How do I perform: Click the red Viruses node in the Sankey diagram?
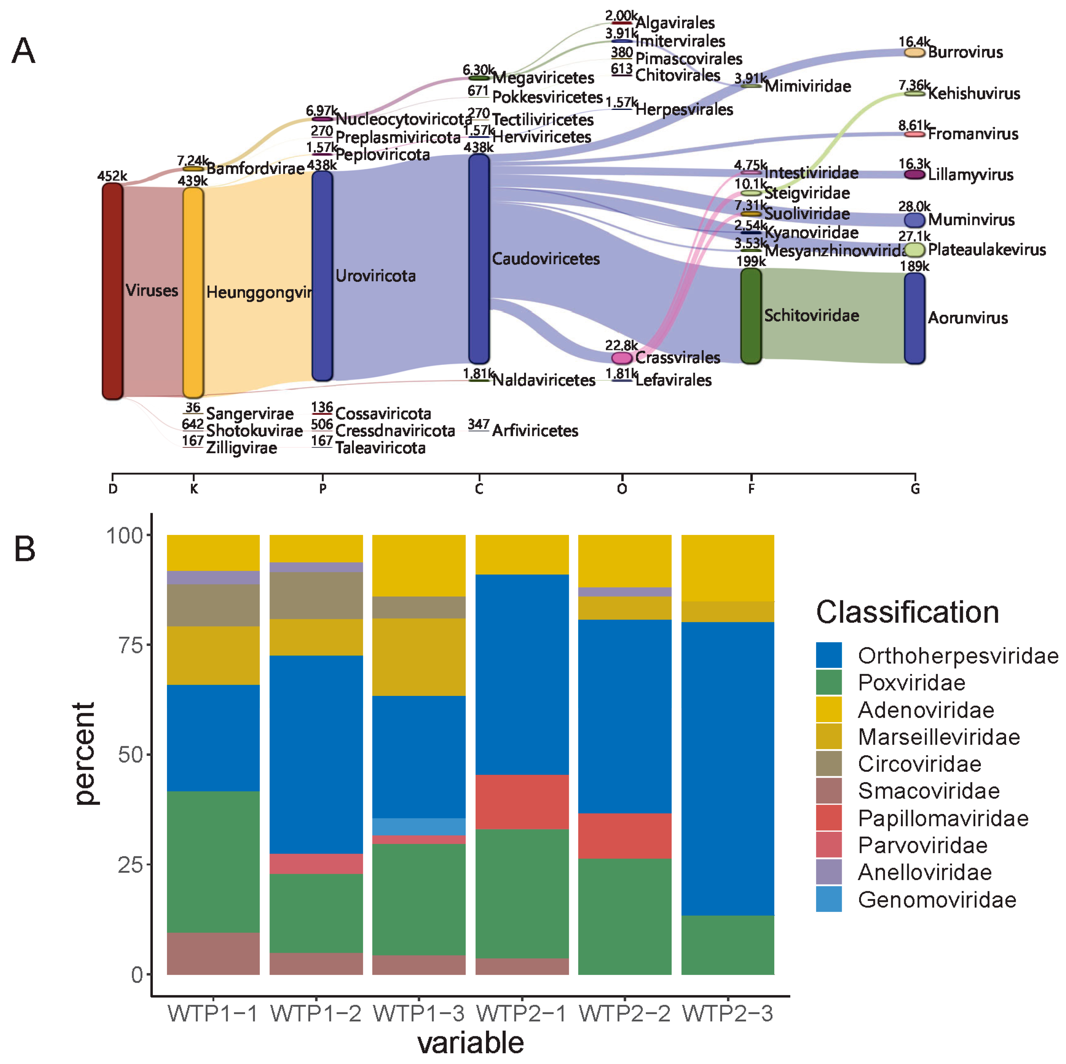(112, 291)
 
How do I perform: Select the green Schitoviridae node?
(750, 316)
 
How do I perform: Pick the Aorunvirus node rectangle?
(914, 318)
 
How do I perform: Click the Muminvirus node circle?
(914, 220)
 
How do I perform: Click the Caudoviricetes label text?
(545, 259)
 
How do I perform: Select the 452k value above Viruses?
(112, 176)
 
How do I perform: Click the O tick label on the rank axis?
(622, 489)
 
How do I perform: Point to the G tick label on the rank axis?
(915, 489)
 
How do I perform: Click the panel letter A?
(24, 51)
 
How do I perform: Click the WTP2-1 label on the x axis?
(522, 1013)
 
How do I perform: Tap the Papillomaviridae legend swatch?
(829, 818)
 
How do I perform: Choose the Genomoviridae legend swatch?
(829, 899)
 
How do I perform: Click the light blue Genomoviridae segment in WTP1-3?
(419, 826)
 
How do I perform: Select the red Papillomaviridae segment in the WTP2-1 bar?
(522, 802)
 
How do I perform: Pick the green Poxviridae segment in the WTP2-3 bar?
(727, 945)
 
